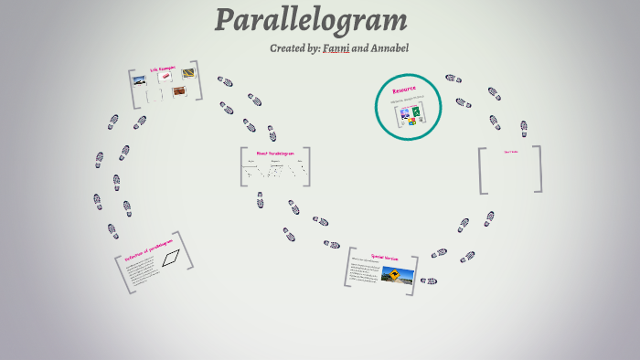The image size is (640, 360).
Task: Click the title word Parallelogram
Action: tap(311, 20)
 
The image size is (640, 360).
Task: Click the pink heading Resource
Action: tap(404, 90)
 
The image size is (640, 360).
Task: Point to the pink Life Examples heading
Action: tap(163, 69)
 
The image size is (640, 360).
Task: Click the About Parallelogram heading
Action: tap(274, 153)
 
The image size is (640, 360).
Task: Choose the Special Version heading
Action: tap(383, 257)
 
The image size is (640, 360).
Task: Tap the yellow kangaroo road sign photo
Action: tap(398, 276)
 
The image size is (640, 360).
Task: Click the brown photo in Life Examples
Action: tap(179, 91)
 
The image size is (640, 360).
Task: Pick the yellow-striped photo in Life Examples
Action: tap(187, 73)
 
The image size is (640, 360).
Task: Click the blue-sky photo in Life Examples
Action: tap(140, 80)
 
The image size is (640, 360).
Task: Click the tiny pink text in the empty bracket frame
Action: tap(510, 152)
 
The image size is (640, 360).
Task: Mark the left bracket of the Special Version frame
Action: tap(347, 267)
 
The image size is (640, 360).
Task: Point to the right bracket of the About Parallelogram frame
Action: tap(307, 166)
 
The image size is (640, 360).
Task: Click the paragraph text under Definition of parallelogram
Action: tap(145, 275)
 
